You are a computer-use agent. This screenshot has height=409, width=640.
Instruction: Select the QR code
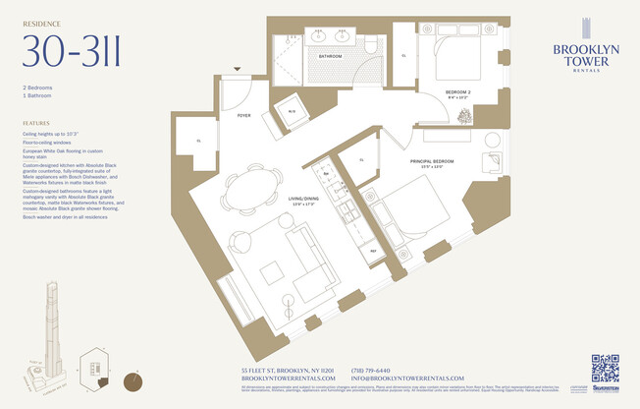[x=605, y=368]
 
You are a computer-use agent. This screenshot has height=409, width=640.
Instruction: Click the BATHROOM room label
[x=330, y=56]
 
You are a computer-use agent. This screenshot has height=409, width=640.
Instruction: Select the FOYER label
[x=243, y=115]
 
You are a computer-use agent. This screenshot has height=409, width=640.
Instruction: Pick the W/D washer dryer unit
[x=293, y=111]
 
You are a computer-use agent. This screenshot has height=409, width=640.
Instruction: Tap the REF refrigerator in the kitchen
[x=374, y=250]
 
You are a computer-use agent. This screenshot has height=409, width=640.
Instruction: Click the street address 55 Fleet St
[x=289, y=370]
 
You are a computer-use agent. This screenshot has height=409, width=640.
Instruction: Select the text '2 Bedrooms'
[x=40, y=88]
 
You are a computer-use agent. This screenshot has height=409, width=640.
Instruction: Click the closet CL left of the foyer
[x=198, y=141]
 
